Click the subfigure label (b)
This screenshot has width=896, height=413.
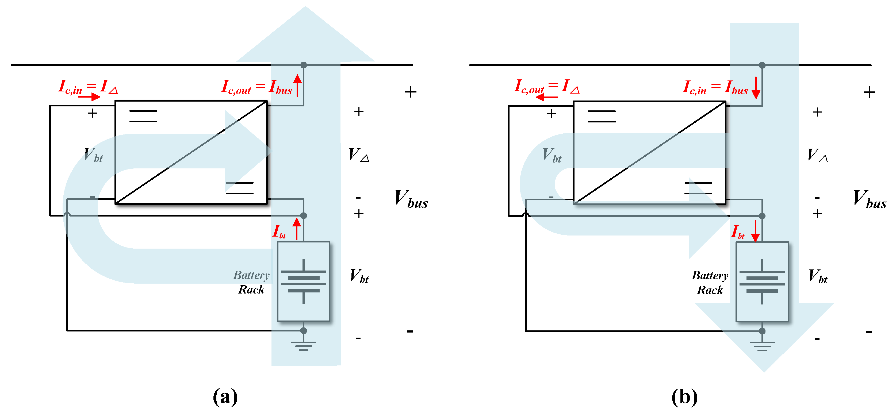click(x=684, y=397)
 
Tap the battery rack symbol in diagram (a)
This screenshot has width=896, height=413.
click(x=303, y=281)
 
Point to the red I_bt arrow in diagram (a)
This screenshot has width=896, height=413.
click(x=297, y=229)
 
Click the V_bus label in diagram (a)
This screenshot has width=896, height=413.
click(x=411, y=199)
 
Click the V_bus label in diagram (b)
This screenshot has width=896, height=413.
click(x=870, y=199)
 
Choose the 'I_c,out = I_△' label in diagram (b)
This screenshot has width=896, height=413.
click(x=547, y=87)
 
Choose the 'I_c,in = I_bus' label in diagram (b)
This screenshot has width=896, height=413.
click(x=715, y=87)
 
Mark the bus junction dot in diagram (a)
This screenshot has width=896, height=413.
click(x=303, y=65)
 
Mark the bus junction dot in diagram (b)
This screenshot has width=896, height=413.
click(x=762, y=65)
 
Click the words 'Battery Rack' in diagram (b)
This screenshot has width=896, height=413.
click(x=710, y=283)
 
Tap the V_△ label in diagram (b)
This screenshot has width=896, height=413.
click(x=817, y=155)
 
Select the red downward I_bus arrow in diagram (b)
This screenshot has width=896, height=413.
click(x=756, y=88)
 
